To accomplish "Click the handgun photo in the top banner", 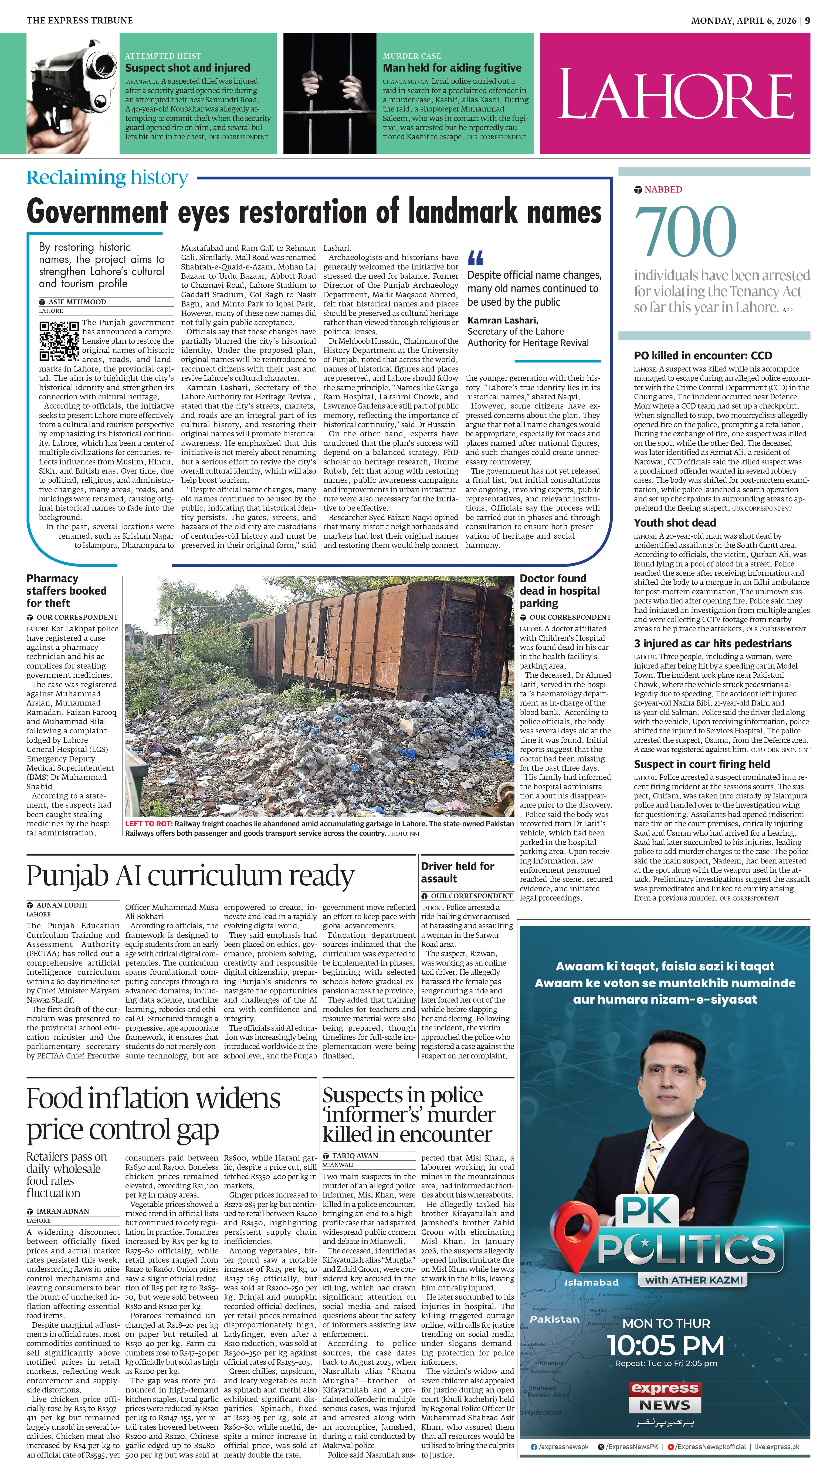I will (72, 93).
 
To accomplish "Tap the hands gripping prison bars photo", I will (329, 93).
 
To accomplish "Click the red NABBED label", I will (663, 190).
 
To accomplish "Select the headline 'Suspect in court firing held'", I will (701, 764).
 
